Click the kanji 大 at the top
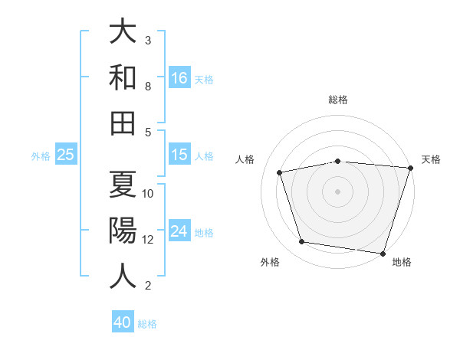(123, 33)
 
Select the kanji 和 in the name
(123, 78)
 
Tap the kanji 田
(123, 123)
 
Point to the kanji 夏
(123, 185)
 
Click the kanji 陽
(123, 230)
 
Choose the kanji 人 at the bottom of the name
(123, 274)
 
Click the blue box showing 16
(179, 78)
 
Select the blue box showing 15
(179, 155)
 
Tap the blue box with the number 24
(179, 231)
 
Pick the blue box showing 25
(66, 155)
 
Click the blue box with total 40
(123, 322)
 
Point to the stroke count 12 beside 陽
(149, 239)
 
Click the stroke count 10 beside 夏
(149, 193)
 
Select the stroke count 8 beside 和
(148, 87)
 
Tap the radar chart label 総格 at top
(337, 100)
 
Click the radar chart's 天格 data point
(409, 168)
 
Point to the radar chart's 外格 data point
(301, 242)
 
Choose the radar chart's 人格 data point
(280, 172)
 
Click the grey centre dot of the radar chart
(337, 191)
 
